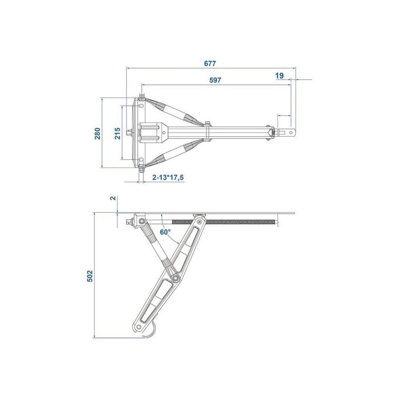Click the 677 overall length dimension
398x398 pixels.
click(211, 63)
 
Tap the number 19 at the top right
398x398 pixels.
click(279, 75)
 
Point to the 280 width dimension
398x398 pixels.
click(98, 133)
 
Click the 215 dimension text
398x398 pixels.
click(117, 133)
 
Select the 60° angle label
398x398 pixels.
click(165, 232)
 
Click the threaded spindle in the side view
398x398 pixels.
click(239, 221)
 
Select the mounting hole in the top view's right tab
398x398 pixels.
click(288, 132)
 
